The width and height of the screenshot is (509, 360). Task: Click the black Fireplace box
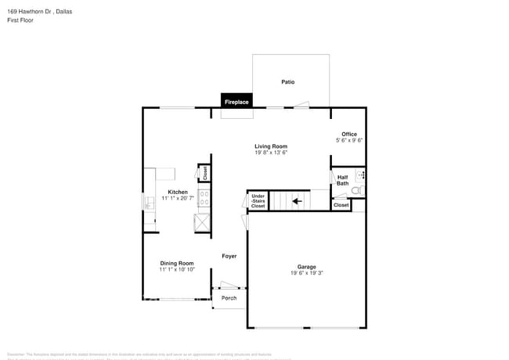coord(236,102)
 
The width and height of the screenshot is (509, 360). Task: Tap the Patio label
coord(288,81)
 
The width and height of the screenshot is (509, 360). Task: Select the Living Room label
coord(271,146)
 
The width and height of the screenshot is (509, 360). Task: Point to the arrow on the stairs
coord(298,201)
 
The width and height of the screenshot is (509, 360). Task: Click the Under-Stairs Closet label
coord(258,201)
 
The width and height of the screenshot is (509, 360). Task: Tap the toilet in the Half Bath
coord(356,190)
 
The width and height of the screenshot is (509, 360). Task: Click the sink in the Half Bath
coord(360,175)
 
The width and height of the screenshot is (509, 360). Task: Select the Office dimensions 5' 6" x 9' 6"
coord(348,140)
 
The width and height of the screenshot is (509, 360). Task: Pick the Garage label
coord(306,267)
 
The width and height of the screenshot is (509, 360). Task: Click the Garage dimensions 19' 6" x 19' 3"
coord(306,274)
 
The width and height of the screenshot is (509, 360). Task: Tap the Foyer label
coord(229,256)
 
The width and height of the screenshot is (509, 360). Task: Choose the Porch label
coord(229,298)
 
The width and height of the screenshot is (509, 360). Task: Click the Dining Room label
coord(176,263)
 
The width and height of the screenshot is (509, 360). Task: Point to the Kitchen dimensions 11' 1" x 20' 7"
coord(177,199)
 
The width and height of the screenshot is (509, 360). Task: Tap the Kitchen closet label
coord(204,174)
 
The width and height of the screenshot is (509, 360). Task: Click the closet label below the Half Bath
coord(341,205)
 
